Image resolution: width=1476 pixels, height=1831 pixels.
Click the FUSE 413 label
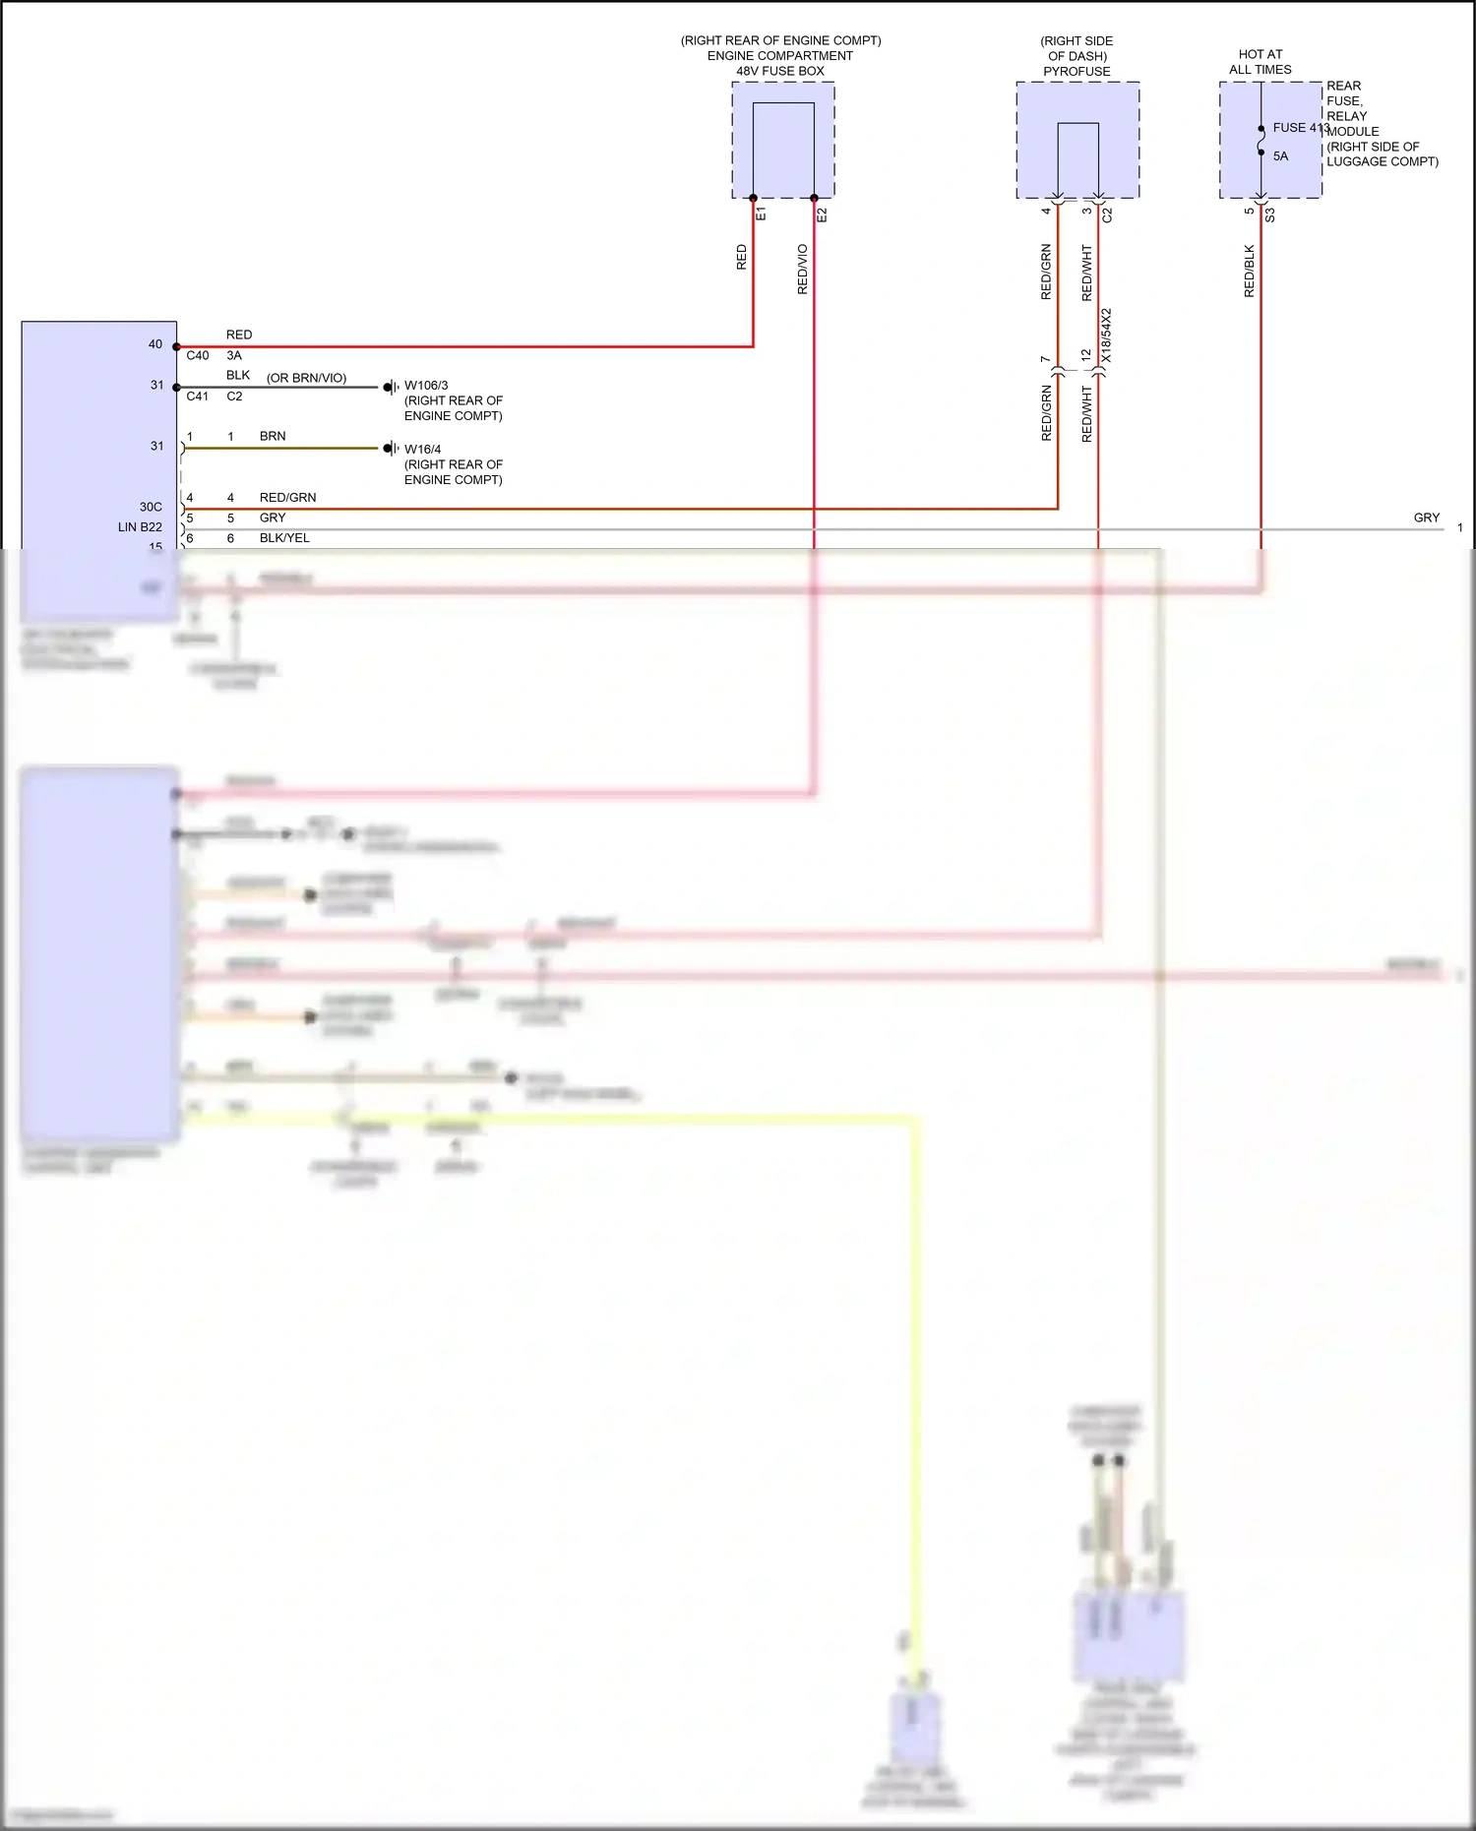pyautogui.click(x=1300, y=128)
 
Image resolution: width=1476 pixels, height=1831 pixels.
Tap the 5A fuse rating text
pyautogui.click(x=1280, y=156)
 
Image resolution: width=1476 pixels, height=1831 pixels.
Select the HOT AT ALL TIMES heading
pyautogui.click(x=1260, y=62)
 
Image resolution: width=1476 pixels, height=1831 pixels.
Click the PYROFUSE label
pyautogui.click(x=1076, y=72)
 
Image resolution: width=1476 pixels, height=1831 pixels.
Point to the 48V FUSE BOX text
pyautogui.click(x=780, y=71)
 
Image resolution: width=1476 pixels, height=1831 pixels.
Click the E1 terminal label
pyautogui.click(x=761, y=214)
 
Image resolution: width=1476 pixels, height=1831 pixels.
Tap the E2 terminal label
pyautogui.click(x=822, y=214)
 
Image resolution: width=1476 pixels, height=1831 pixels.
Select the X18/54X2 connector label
pyautogui.click(x=1106, y=336)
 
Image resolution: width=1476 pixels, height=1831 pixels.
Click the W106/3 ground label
pyautogui.click(x=426, y=386)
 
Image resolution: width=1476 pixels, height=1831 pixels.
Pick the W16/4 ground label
pyautogui.click(x=422, y=450)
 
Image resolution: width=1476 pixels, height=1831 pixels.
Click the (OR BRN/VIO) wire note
pyautogui.click(x=306, y=378)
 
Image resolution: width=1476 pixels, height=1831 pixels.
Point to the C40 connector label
pyautogui.click(x=198, y=356)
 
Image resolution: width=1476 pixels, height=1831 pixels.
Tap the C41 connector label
pyautogui.click(x=198, y=397)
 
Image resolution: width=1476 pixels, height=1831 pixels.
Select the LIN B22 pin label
pyautogui.click(x=140, y=527)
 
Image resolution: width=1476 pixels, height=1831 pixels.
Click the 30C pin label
pyautogui.click(x=151, y=507)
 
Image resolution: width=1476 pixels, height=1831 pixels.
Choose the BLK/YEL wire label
pyautogui.click(x=284, y=538)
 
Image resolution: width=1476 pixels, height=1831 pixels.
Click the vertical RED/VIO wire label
pyautogui.click(x=802, y=270)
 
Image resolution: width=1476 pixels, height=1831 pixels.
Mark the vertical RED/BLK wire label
pyautogui.click(x=1250, y=272)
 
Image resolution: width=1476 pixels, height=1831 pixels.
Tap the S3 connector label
pyautogui.click(x=1269, y=214)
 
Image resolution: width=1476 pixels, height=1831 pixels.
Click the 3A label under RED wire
pyautogui.click(x=234, y=356)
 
